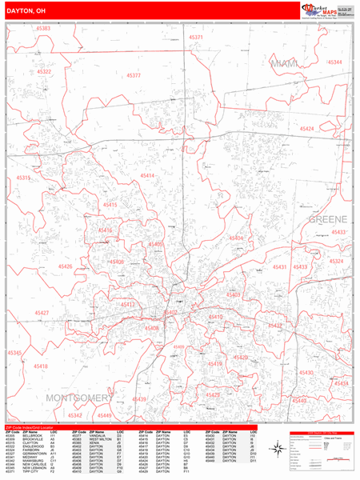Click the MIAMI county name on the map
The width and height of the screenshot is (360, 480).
click(283, 63)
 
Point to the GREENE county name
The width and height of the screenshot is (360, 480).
click(325, 218)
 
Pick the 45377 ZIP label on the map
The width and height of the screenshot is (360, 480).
click(133, 75)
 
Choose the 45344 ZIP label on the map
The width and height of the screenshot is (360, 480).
click(334, 62)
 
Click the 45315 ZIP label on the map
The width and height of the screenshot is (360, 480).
click(24, 178)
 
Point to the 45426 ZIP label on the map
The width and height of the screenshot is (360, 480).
click(65, 266)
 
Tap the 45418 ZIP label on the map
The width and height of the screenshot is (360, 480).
click(40, 366)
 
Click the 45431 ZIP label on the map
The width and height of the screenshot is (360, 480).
click(280, 266)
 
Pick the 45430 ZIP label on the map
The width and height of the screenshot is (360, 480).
click(306, 373)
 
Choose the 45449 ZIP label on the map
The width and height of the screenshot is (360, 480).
click(105, 416)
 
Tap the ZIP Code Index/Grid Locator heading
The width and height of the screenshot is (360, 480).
click(34, 428)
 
